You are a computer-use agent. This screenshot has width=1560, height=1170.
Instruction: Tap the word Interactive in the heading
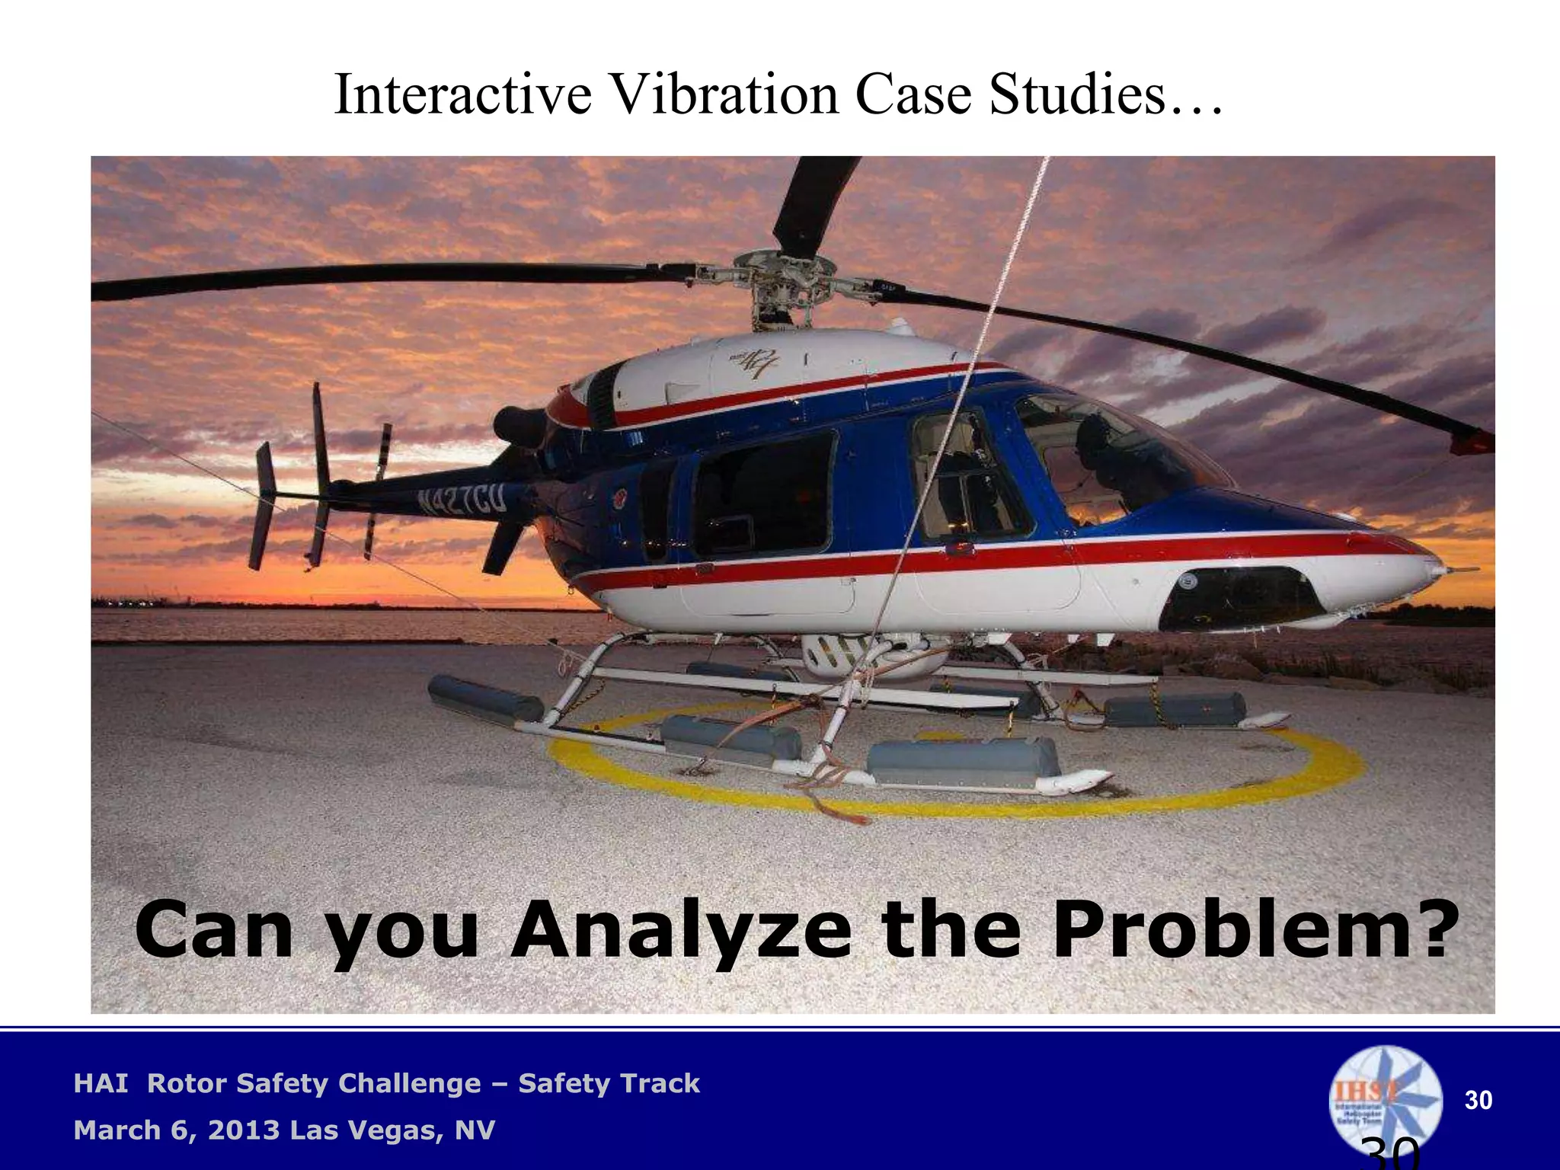462,94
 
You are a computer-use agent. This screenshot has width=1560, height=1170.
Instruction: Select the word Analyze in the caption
680,931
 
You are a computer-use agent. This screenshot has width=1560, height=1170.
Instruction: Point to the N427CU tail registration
460,500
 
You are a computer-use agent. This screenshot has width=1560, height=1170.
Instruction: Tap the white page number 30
1478,1100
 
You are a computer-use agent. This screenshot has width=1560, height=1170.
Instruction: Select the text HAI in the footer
101,1083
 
